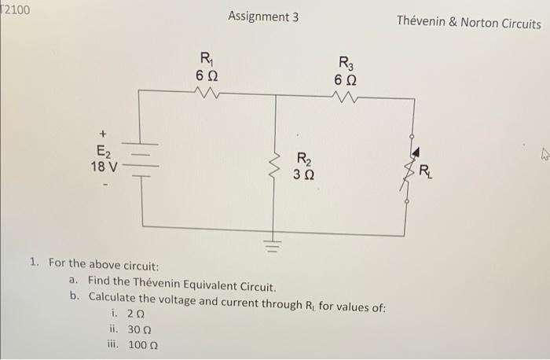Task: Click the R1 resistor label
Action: pos(206,57)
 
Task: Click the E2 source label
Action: pos(104,152)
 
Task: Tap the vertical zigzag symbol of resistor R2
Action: pos(275,164)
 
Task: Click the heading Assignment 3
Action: pos(263,17)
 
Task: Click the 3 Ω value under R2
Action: pos(303,174)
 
